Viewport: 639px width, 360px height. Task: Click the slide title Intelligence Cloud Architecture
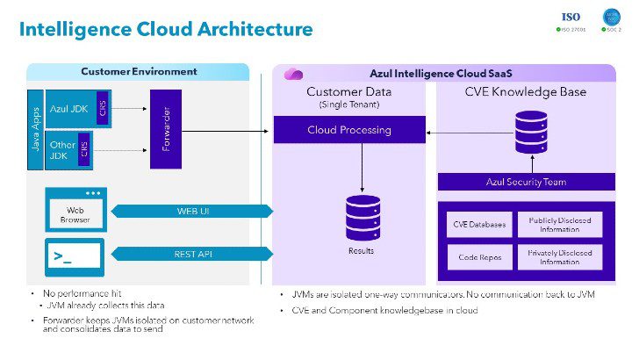[166, 29]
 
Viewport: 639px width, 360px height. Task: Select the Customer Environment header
[139, 71]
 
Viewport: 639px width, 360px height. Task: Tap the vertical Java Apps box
[35, 128]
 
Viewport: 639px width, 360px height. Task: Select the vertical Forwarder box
[166, 128]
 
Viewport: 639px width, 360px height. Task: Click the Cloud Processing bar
[349, 130]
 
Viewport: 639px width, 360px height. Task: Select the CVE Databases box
[479, 224]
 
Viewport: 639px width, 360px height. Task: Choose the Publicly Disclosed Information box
[560, 224]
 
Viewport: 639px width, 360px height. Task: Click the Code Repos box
[479, 256]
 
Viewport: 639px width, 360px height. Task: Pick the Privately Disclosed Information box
[560, 256]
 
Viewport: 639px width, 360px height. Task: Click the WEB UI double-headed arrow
[193, 211]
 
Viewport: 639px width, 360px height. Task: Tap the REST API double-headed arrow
[193, 254]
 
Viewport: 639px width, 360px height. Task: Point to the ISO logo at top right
[571, 18]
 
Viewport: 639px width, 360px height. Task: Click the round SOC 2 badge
[613, 18]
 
